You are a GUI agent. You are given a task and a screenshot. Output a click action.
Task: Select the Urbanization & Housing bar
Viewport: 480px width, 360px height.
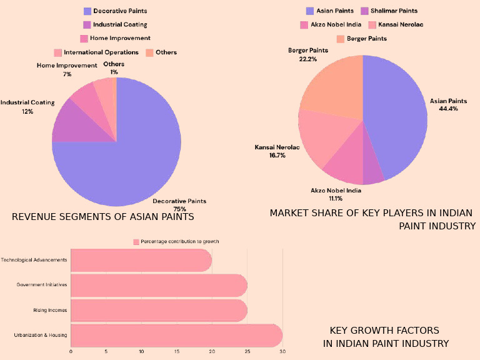pos(176,335)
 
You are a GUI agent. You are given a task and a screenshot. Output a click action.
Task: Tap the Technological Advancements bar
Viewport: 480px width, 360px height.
pos(141,259)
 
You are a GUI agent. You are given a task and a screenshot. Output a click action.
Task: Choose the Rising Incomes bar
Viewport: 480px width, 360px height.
pos(159,310)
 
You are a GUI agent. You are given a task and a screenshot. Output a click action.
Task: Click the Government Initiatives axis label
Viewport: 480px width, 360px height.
pos(42,285)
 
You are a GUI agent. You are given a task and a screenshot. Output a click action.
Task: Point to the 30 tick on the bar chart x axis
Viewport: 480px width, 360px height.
pos(282,352)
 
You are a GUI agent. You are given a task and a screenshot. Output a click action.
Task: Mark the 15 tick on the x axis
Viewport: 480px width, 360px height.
pos(177,352)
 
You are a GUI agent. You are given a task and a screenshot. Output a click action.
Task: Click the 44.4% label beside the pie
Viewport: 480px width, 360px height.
pos(448,108)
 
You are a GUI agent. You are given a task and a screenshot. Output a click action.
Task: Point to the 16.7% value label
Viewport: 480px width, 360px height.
pos(277,155)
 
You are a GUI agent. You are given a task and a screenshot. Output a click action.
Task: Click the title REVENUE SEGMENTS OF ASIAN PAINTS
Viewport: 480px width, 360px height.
pos(103,217)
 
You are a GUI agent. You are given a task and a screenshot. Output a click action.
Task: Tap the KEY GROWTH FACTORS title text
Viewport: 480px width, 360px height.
pos(384,330)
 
